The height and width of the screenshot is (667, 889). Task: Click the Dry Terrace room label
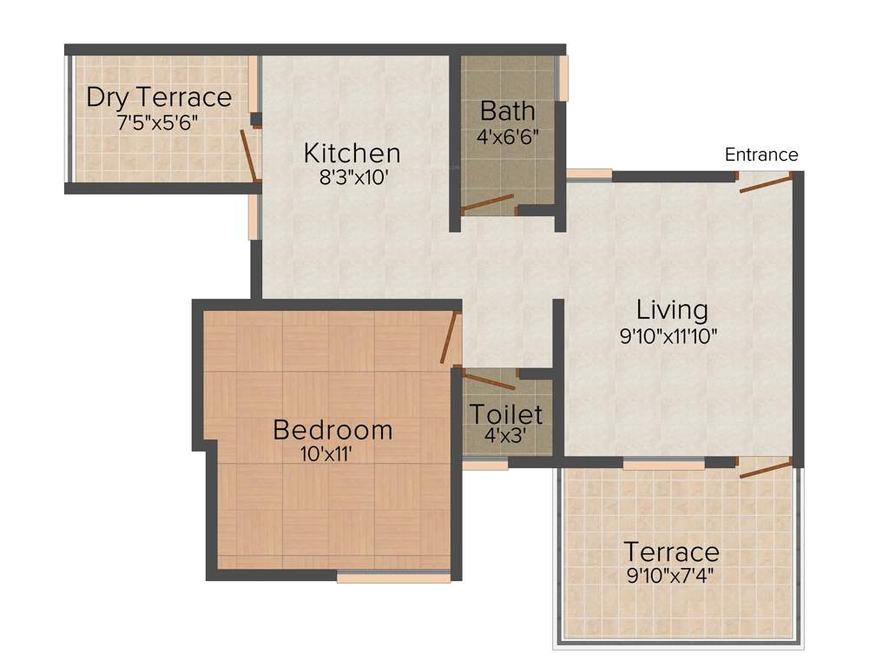159,97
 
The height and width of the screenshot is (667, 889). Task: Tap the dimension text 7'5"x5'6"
159,122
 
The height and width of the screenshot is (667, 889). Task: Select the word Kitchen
352,154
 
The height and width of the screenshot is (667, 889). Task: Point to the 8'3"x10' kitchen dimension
352,177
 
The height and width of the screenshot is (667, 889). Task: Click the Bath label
507,112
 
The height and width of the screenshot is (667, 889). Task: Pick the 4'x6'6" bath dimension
507,136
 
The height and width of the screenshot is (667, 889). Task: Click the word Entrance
761,155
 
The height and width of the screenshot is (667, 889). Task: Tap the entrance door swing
765,181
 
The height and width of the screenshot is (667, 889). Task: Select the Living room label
672,310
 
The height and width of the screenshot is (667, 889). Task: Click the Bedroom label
333,430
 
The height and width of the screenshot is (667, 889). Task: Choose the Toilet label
506,414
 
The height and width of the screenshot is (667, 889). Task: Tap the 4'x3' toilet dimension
505,436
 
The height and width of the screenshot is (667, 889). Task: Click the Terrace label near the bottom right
671,551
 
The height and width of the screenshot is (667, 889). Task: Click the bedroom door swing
448,340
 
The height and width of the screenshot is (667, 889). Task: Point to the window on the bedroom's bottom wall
393,577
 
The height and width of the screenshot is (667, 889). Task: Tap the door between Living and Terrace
765,470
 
